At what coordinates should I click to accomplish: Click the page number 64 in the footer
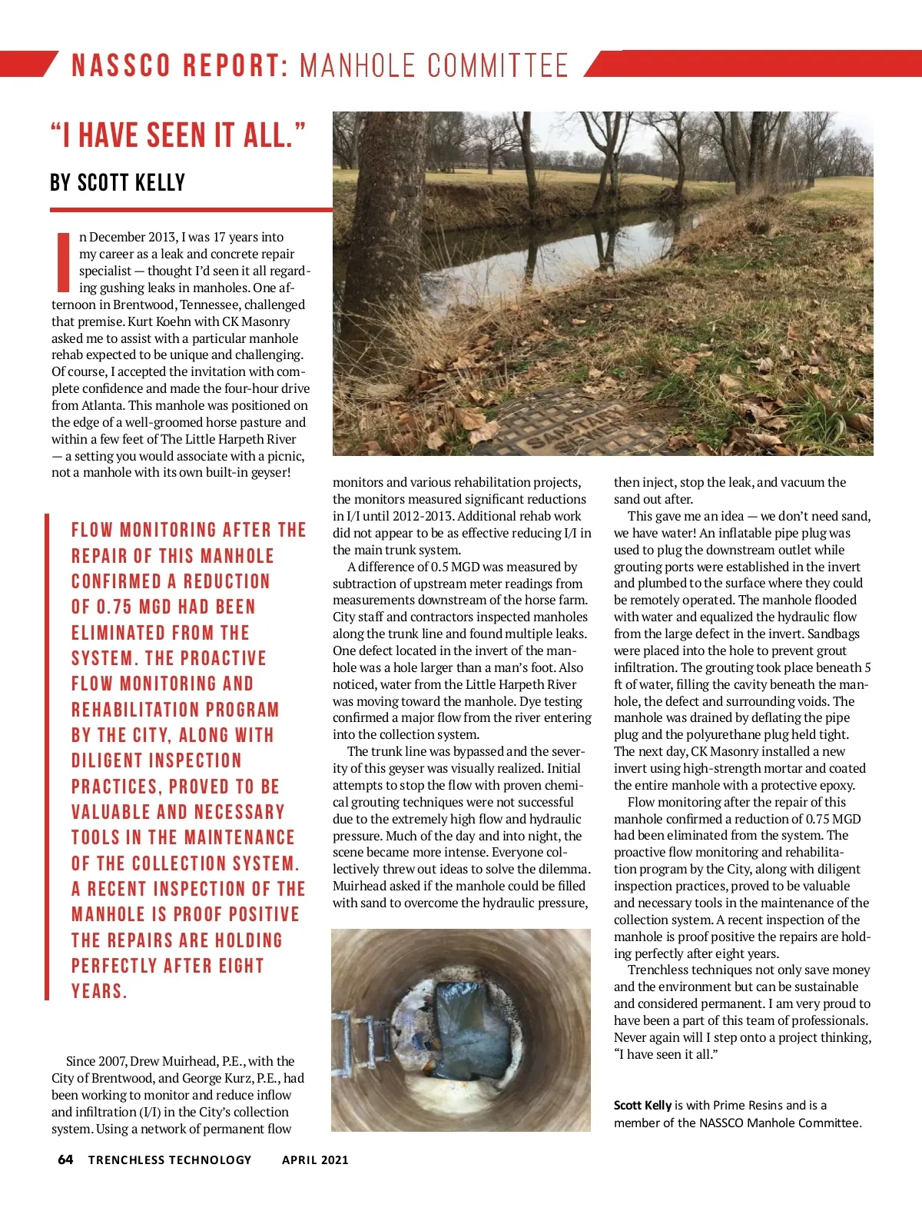pos(65,1159)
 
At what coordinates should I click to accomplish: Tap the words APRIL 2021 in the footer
pos(315,1159)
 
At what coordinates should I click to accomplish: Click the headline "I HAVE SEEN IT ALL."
pos(178,135)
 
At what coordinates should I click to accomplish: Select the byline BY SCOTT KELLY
pos(118,183)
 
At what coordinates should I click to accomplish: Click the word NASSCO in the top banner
pos(121,66)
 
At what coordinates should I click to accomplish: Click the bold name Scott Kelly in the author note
pos(642,1105)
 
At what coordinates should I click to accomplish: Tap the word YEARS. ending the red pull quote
pos(99,991)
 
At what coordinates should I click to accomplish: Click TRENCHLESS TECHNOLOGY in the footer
pos(170,1159)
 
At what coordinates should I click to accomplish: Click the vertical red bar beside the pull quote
pos(47,757)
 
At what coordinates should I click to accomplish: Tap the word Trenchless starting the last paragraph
pos(658,970)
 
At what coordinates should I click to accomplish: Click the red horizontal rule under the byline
pos(191,209)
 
